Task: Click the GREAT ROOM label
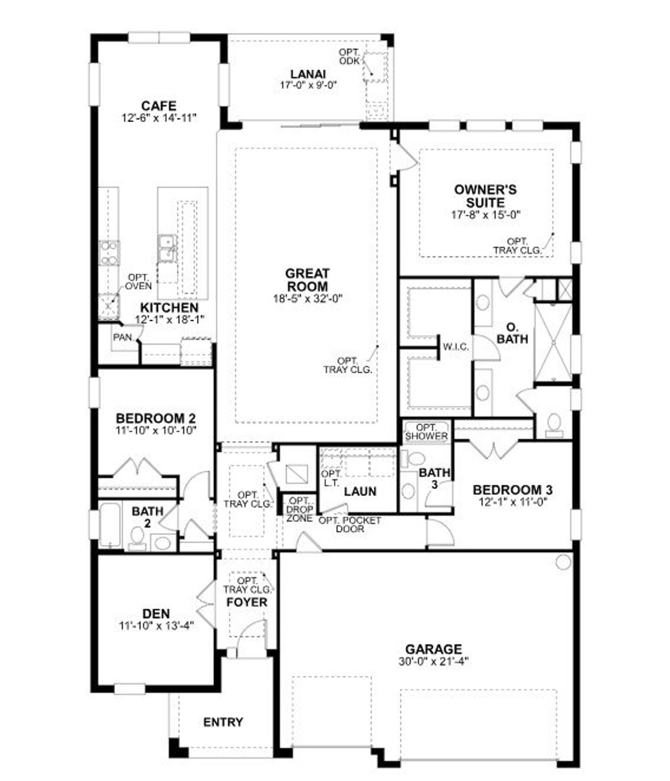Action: click(307, 280)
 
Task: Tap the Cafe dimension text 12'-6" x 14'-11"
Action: click(159, 118)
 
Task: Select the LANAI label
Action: click(308, 74)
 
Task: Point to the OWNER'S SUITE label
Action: click(485, 196)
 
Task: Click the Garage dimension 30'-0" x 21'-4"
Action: click(433, 661)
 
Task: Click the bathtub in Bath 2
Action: click(110, 525)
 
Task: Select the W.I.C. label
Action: click(455, 347)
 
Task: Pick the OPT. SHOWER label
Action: click(426, 432)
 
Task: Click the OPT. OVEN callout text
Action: click(139, 282)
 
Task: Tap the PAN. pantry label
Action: click(123, 338)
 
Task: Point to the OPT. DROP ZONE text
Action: click(299, 509)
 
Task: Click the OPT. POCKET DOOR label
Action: click(350, 525)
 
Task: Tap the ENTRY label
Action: click(223, 722)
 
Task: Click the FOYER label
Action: click(247, 602)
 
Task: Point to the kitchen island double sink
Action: click(167, 248)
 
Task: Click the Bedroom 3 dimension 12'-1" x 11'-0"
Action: click(512, 501)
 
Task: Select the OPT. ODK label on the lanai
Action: click(349, 57)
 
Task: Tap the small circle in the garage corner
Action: click(563, 562)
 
